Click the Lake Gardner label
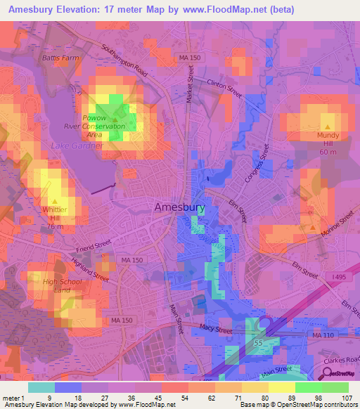tap(77, 145)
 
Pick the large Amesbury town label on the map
tap(180, 207)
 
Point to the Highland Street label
tap(90, 268)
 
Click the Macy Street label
tap(216, 328)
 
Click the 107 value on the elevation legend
tap(345, 398)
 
